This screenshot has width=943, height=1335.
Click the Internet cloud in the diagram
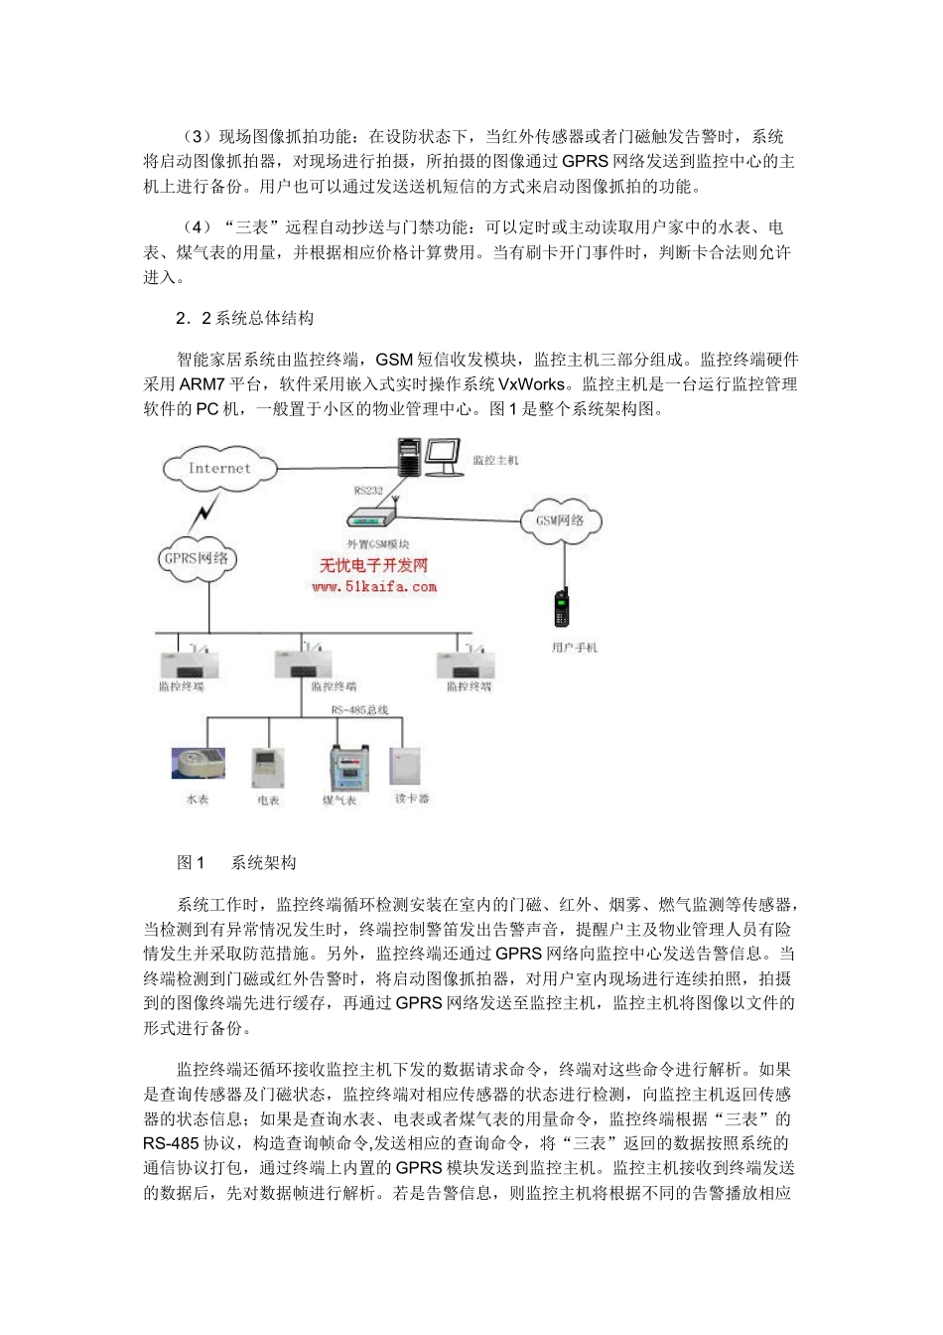click(219, 469)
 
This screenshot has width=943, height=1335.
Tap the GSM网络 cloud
click(560, 519)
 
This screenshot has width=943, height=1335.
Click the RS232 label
click(368, 490)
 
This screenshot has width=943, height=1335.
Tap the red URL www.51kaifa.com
click(373, 587)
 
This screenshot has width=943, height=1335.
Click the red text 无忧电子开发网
click(373, 566)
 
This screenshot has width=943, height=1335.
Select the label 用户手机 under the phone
click(575, 648)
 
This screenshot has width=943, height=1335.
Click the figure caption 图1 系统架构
click(236, 862)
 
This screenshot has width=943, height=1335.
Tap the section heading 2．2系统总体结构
click(244, 318)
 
